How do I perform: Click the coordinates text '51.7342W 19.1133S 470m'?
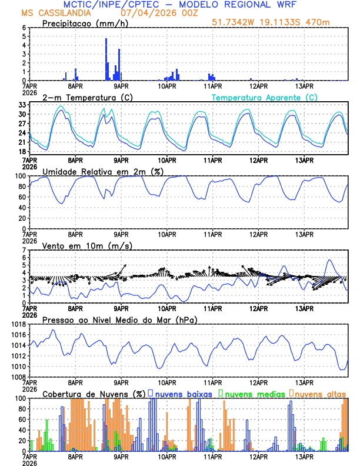pyautogui.click(x=279, y=22)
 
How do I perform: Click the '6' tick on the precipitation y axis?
pyautogui.click(x=24, y=28)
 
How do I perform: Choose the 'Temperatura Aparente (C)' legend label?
pyautogui.click(x=265, y=97)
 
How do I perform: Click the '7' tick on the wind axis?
pyautogui.click(x=24, y=250)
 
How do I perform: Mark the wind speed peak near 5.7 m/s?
pyautogui.click(x=329, y=260)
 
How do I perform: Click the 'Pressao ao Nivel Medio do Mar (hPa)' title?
pyautogui.click(x=119, y=319)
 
